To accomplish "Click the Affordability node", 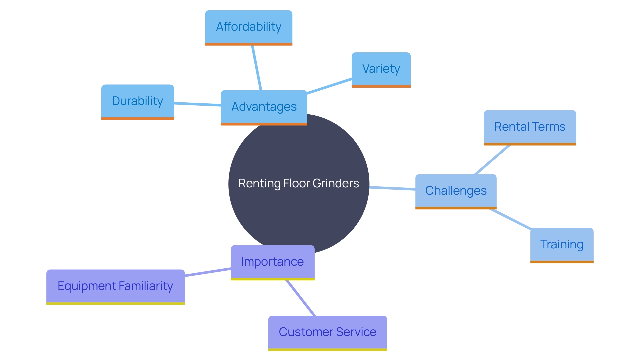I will point(249,27).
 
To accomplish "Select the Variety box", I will point(381,69).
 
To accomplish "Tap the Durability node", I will point(137,101).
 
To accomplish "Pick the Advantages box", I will point(264,107).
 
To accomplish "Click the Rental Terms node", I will point(530,127).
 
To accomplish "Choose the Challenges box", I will point(456,191).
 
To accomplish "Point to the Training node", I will point(562,245).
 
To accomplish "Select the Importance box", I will point(272,262).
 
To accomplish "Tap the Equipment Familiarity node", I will point(115,286).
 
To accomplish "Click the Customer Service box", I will point(327,332).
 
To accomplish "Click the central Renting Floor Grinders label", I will point(299,183).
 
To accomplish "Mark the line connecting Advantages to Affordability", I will point(257,68).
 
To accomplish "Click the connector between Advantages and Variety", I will point(329,86).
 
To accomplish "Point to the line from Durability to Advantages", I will point(197,104).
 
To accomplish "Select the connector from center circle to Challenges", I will point(392,188).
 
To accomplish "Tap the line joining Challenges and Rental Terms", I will point(492,160).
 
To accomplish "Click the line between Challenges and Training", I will point(511,219).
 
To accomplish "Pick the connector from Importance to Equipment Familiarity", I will point(208,272).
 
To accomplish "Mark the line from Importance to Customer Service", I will point(301,298).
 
